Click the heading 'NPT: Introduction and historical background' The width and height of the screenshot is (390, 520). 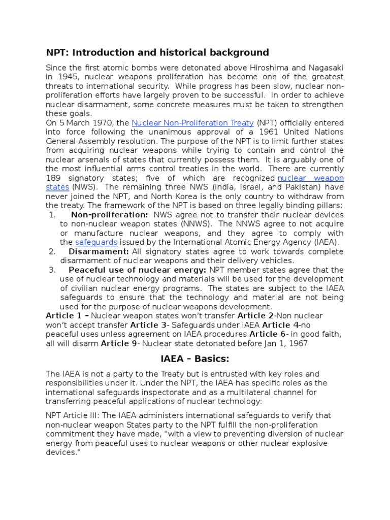tap(157, 52)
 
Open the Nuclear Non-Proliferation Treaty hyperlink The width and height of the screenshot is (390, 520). tap(193, 123)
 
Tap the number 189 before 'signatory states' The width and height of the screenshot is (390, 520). tap(53, 178)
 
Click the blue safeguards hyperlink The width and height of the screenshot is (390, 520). tap(96, 242)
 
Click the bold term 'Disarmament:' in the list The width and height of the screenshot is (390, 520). tap(99, 251)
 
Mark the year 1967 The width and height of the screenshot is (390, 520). tap(298, 343)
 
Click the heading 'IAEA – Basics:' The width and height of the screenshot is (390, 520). tap(195, 359)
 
